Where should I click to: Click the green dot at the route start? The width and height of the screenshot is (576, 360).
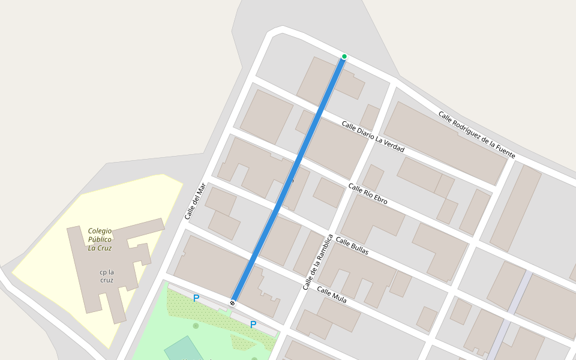[344, 56]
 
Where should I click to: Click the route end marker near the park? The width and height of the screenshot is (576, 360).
[233, 303]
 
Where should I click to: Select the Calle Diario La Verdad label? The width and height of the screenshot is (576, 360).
[373, 136]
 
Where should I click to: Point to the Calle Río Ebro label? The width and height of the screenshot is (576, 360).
[368, 194]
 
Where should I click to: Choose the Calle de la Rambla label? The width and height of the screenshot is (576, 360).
[317, 262]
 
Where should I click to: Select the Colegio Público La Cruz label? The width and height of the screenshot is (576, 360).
[100, 239]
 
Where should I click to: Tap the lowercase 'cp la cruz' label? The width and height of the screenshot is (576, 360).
[107, 276]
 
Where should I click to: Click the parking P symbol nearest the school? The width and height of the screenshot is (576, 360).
[196, 298]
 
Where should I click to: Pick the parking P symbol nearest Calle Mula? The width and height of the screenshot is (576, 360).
[253, 325]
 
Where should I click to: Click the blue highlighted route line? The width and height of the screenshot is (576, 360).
[288, 180]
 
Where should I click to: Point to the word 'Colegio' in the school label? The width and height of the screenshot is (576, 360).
[100, 230]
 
